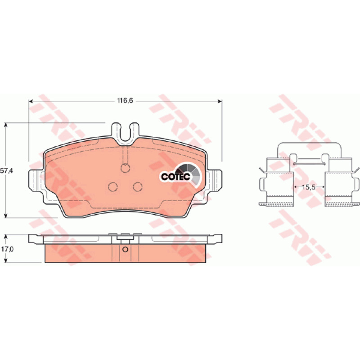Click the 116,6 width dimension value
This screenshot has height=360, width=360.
click(125, 100)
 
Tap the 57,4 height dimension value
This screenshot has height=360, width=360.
click(7, 171)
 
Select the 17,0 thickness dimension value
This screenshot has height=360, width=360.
click(7, 249)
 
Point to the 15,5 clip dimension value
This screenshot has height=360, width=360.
click(309, 187)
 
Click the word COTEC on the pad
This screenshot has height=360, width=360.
click(176, 176)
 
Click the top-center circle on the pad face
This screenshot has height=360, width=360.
click(126, 168)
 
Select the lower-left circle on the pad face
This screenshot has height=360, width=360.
click(113, 187)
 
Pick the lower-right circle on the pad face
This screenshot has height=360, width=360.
click(138, 187)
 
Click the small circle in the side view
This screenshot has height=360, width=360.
click(125, 249)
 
